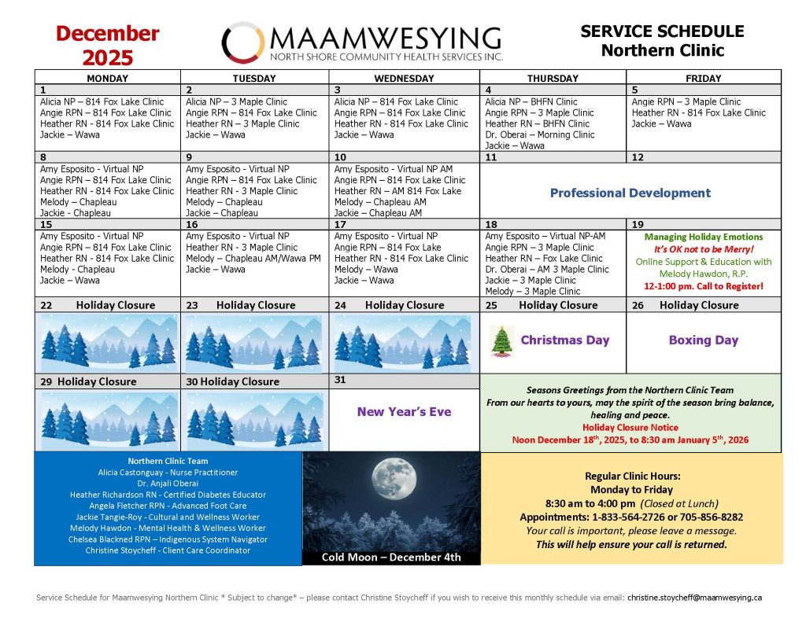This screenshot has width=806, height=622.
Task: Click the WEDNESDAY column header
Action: [404, 79]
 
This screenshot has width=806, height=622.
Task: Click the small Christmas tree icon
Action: [501, 340]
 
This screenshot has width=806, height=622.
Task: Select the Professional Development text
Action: [630, 193]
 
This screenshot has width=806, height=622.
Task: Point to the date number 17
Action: [339, 225]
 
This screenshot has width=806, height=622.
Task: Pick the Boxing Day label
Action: [703, 340]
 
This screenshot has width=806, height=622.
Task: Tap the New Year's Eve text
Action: [404, 411]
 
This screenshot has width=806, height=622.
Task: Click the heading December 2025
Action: [108, 46]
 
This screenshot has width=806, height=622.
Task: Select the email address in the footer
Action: [694, 598]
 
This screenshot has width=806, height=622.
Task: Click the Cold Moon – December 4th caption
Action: [391, 558]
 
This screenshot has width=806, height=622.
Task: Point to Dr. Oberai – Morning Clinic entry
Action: [540, 134]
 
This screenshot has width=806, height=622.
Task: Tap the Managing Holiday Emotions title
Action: [704, 237]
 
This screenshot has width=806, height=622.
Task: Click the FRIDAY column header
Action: [704, 79]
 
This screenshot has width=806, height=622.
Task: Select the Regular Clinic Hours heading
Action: [631, 476]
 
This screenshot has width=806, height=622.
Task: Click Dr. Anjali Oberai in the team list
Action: [167, 484]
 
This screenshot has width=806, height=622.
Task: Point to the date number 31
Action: [340, 380]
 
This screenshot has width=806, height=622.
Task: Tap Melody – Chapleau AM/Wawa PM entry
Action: [253, 258]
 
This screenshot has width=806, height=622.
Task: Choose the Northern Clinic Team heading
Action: [167, 461]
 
